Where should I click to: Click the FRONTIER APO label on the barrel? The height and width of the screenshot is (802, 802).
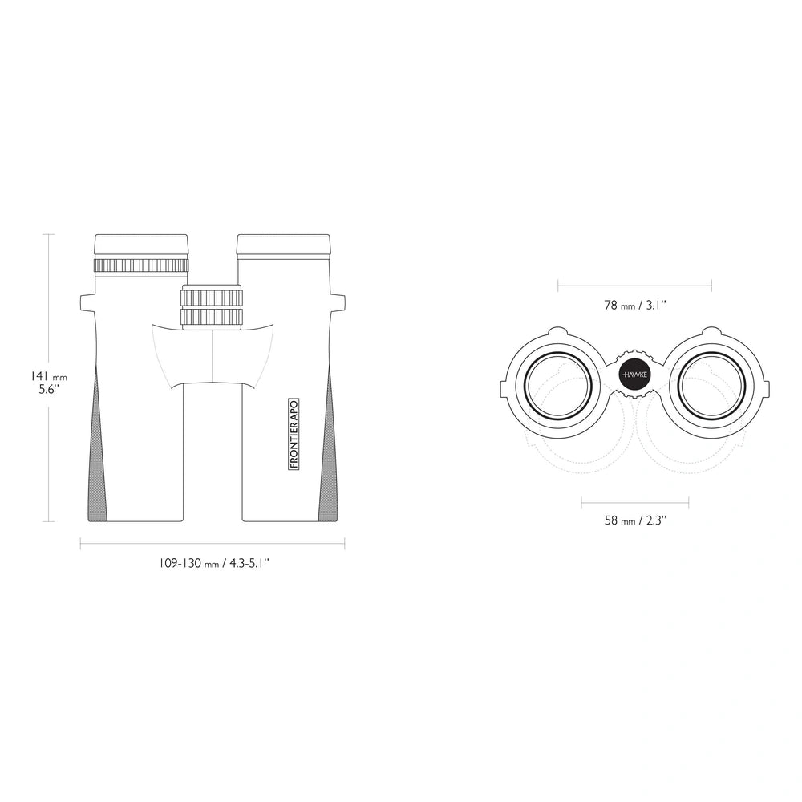point(294,434)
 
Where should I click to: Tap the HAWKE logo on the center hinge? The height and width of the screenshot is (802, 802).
point(634,375)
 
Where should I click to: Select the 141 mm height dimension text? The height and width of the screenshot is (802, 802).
point(47,377)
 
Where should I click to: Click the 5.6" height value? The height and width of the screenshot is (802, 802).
point(49,389)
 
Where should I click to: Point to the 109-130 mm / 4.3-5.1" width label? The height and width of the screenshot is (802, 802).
point(213,564)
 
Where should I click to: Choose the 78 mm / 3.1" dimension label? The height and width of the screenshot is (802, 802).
point(634,306)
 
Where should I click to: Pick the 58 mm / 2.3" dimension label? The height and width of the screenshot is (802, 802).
point(635,520)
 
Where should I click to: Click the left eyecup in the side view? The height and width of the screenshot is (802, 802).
point(141,246)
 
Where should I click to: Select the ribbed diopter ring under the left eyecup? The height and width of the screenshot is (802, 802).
point(141,266)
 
